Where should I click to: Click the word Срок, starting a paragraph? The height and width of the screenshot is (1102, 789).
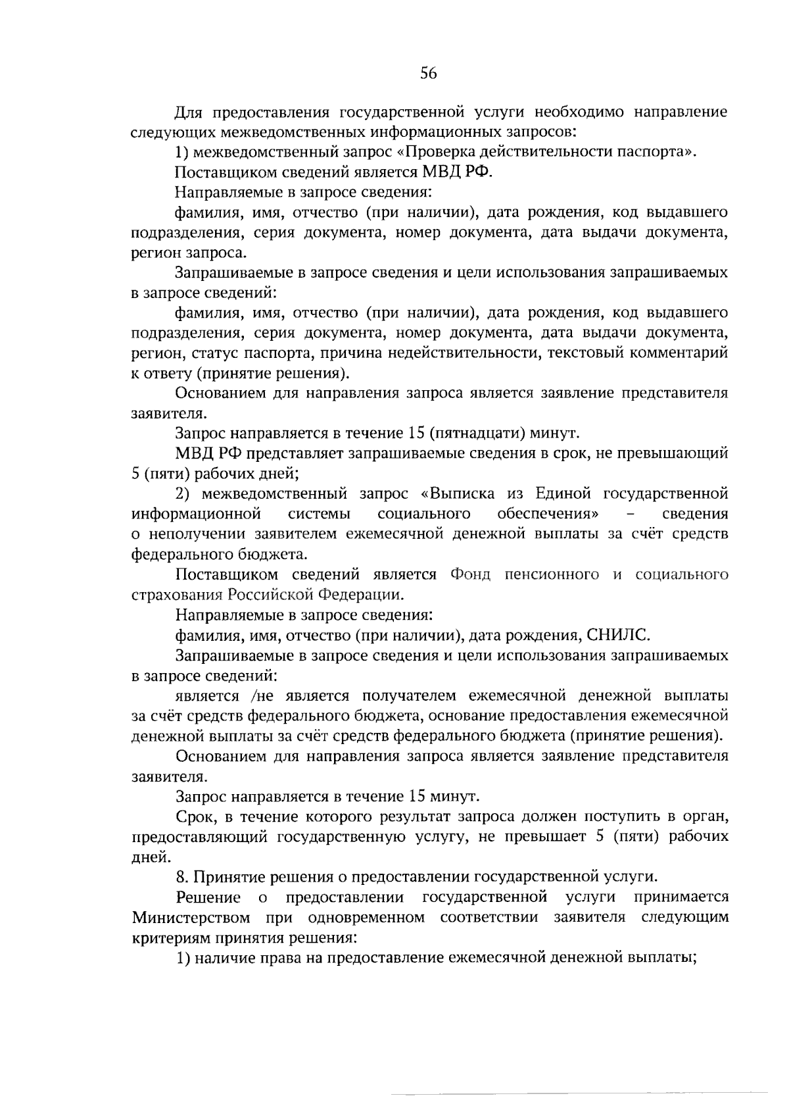click(195, 817)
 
